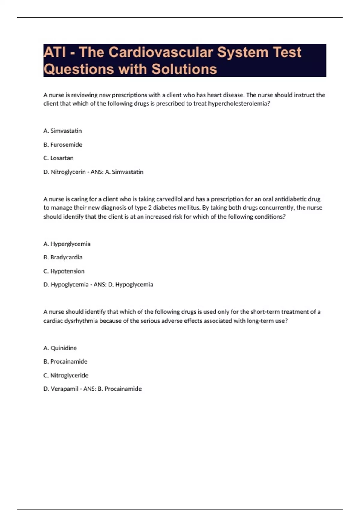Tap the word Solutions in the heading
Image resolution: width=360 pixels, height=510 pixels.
(184, 69)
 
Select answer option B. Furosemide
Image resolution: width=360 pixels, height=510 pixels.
(63, 145)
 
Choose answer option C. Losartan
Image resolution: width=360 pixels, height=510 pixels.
(58, 158)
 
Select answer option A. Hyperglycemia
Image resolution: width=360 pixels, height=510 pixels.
(67, 244)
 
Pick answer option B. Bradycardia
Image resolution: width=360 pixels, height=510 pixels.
(63, 257)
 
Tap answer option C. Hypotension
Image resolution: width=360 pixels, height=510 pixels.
(64, 271)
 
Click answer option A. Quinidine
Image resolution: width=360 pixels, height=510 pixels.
(60, 348)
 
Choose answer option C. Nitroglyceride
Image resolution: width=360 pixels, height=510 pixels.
(66, 375)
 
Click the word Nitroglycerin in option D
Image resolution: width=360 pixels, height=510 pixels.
(68, 172)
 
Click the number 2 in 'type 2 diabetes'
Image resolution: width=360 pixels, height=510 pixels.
(150, 208)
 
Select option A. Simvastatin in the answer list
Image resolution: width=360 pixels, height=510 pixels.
(63, 131)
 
